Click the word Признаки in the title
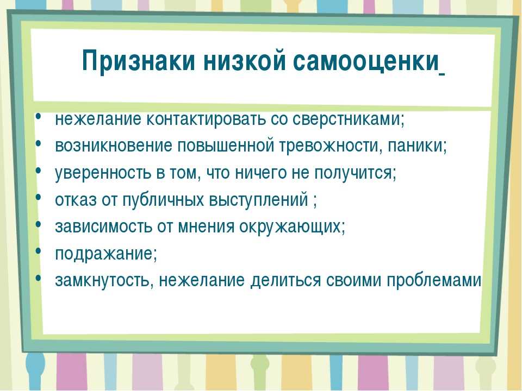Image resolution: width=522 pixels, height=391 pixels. coord(138,61)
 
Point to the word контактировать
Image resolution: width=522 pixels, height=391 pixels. coord(206,119)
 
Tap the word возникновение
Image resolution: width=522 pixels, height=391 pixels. coord(114,146)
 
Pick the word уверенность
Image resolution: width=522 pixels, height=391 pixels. coord(103,173)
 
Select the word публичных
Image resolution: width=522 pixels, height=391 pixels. coord(163,199)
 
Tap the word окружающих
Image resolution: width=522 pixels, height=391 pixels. coord(290,226)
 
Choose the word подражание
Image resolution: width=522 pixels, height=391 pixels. coord(104,254)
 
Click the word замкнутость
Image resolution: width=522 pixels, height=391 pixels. coord(103,280)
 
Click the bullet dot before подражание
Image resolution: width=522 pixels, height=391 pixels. coord(39,250)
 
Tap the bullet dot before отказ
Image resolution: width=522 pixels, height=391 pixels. coord(39,196)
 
